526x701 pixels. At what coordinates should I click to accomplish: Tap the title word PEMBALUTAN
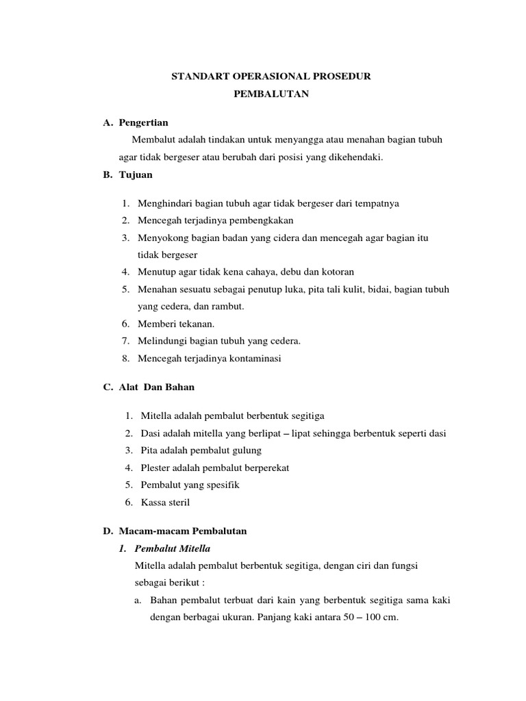pos(271,94)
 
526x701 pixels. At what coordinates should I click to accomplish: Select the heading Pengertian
pos(143,123)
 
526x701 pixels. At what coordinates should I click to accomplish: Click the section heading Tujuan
pos(136,175)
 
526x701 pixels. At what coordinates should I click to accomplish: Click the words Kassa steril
pos(165,502)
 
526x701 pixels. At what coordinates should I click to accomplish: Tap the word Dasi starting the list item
pos(150,433)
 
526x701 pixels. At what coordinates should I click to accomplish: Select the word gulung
pos(247,450)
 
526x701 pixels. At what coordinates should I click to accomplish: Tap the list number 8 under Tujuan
pos(126,358)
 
